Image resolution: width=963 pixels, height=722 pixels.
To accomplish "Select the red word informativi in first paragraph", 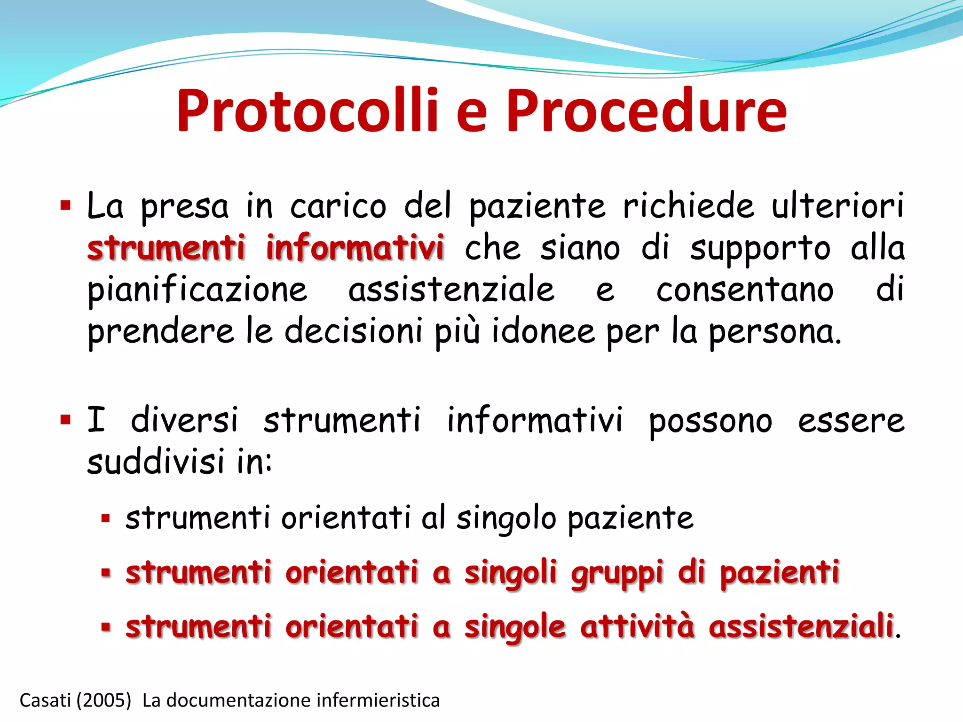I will (x=355, y=248).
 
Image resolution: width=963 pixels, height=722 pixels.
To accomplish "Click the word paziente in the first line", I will (x=537, y=207).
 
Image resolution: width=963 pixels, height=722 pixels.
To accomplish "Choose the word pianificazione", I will (x=197, y=290).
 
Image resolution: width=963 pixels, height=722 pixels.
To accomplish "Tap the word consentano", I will (x=745, y=290).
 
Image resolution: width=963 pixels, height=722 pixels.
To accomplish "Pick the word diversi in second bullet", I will (x=184, y=420).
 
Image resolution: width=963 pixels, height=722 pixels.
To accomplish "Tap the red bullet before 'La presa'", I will (x=65, y=206).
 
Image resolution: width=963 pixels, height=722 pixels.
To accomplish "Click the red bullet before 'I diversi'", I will (x=65, y=419).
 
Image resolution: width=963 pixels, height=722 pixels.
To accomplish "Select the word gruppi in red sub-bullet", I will (x=617, y=574).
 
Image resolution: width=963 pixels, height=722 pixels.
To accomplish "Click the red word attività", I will (x=637, y=627).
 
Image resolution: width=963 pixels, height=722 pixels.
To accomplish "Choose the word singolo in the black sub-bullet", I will (x=506, y=519).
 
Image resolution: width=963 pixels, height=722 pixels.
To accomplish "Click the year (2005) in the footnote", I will (x=103, y=700).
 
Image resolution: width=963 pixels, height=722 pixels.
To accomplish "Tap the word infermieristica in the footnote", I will (x=378, y=700).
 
